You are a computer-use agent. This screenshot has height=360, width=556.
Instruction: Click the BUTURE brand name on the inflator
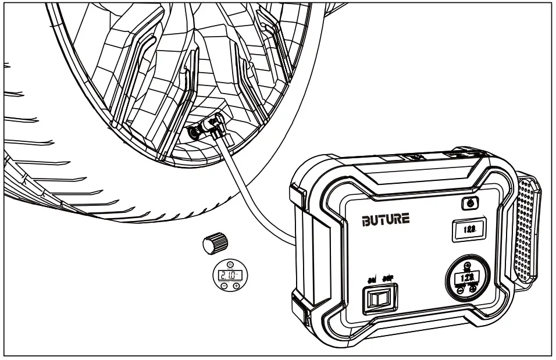[386, 219]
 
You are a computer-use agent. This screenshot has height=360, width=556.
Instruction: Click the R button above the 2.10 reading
[229, 263]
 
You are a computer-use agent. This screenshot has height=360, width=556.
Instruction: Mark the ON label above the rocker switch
[370, 279]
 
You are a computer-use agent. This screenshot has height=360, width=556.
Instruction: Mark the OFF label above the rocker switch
[387, 279]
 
